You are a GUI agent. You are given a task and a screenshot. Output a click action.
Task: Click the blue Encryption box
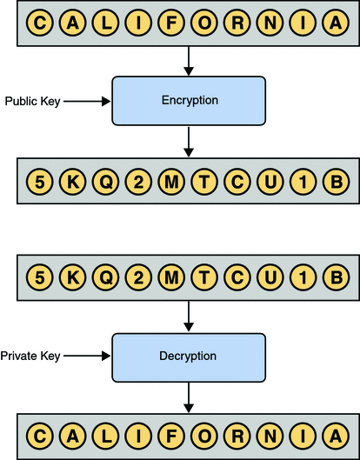coord(189,101)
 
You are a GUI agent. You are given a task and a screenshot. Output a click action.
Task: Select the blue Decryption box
coord(189,357)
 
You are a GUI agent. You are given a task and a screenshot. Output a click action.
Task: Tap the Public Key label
coord(32,101)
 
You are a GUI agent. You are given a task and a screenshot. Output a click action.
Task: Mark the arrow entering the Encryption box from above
coord(189,61)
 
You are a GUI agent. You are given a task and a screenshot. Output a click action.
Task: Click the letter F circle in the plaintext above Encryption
coord(173,23)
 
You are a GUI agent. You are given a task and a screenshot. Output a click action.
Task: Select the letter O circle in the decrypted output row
coord(203,434)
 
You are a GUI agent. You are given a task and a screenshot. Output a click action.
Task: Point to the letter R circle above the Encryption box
coord(237,23)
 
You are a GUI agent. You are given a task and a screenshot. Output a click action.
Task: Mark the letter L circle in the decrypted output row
coord(106,434)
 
